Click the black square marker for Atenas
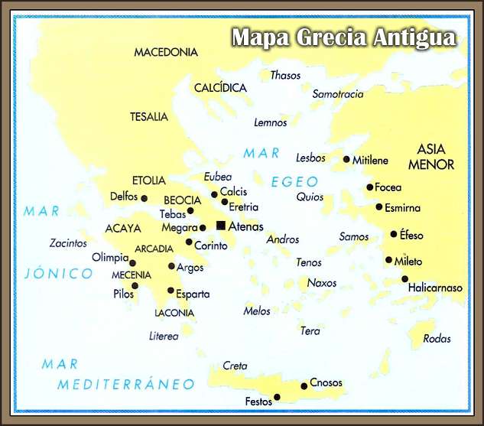(221, 226)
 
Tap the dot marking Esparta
(171, 291)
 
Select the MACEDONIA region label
(166, 53)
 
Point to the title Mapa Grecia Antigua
(343, 37)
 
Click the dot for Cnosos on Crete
(304, 385)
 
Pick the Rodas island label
(437, 339)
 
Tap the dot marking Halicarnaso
(404, 279)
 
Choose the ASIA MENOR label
(431, 157)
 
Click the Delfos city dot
(144, 198)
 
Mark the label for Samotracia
(338, 94)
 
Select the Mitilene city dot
(346, 160)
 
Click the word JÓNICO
(58, 273)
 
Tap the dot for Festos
(277, 397)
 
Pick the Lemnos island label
(271, 122)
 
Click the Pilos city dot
(135, 286)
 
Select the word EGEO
(294, 181)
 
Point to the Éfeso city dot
(394, 234)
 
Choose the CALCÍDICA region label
(220, 88)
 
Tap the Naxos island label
(322, 283)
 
